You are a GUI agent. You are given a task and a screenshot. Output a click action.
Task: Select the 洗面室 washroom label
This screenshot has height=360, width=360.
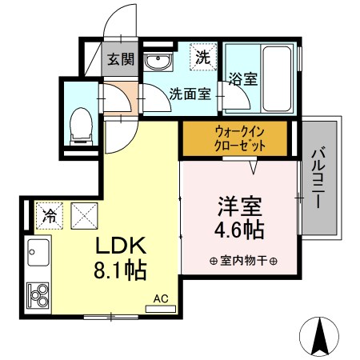point(190,94)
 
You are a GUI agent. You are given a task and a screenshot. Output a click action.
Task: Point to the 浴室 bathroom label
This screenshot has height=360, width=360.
point(242,79)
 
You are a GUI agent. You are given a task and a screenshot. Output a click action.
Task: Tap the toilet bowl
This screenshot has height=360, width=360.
point(82,125)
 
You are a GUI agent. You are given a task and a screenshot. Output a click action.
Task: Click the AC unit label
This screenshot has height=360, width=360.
point(161,299)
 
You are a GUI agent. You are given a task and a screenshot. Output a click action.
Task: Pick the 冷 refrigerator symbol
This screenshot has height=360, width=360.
point(49,214)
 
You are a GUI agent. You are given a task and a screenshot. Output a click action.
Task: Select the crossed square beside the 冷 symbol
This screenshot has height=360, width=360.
point(83,214)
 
